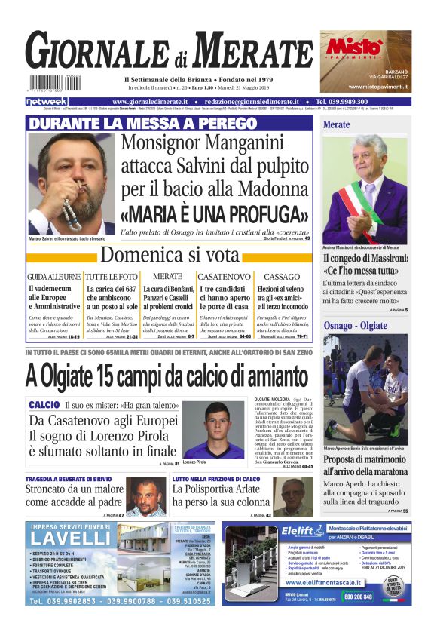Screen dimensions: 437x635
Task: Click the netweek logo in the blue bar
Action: point(46,101)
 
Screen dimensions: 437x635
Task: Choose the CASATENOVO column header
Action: point(224,277)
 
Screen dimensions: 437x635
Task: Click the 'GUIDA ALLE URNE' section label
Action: point(53,277)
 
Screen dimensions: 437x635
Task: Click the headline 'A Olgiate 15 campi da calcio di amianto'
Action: point(167,374)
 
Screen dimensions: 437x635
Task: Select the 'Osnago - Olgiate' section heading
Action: point(353,324)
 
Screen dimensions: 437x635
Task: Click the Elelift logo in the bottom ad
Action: point(301,530)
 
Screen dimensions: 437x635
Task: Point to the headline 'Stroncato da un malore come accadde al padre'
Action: point(75,495)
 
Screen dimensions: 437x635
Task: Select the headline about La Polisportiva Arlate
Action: point(218,495)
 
